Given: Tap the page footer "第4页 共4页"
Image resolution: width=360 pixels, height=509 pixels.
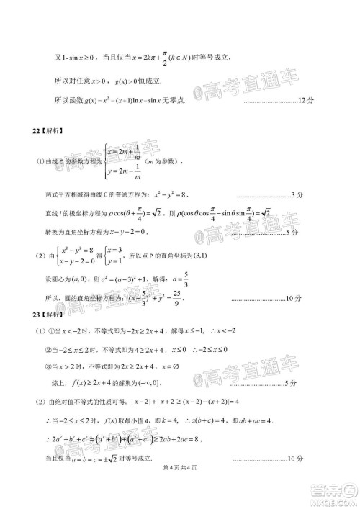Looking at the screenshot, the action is coord(179,490).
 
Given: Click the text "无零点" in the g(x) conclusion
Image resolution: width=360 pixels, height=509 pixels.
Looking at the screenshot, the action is coord(174,100).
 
